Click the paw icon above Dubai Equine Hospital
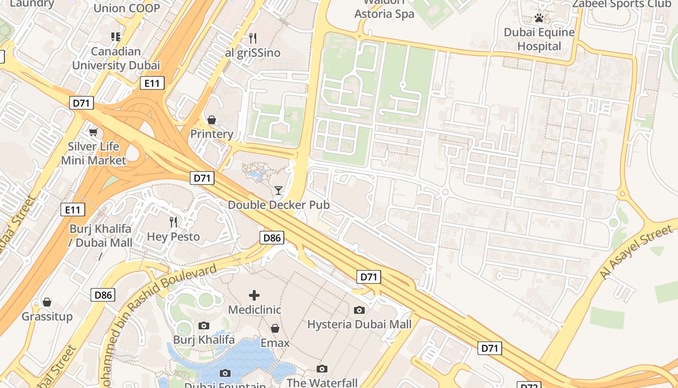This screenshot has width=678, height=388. (539, 18)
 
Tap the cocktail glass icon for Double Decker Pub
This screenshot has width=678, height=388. (278, 190)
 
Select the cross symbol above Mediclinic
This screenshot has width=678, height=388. (254, 295)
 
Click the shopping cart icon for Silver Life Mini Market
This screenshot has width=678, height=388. (93, 131)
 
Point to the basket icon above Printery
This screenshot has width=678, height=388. (212, 119)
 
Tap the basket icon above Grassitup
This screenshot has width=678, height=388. (47, 302)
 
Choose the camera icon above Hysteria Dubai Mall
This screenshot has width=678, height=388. (359, 310)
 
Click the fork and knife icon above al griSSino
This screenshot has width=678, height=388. (252, 38)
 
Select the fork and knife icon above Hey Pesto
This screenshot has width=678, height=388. (173, 222)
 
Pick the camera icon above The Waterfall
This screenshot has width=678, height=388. (322, 369)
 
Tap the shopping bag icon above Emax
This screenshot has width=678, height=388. (275, 328)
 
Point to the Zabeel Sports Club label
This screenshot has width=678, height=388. (621, 4)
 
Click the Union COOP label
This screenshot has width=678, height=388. (126, 8)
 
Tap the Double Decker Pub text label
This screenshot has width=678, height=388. (278, 205)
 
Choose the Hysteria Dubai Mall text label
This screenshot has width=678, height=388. (359, 324)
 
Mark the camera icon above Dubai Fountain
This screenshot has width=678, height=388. (225, 373)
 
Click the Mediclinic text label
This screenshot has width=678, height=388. (254, 309)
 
